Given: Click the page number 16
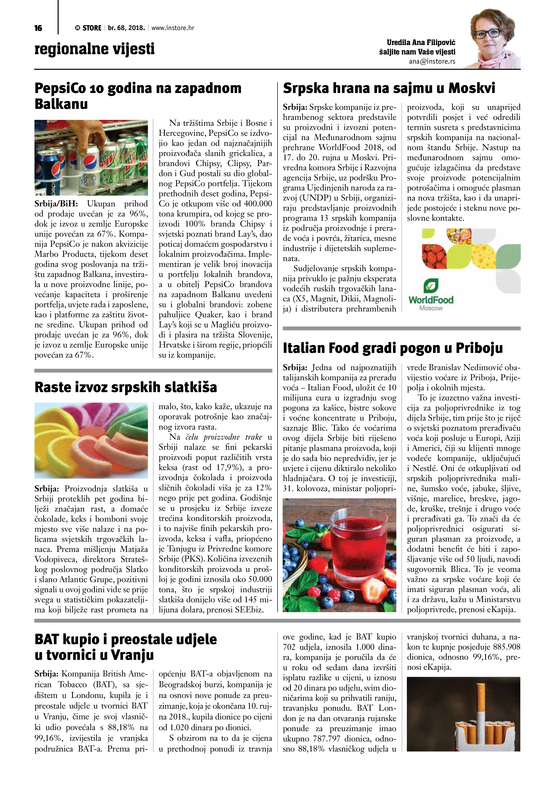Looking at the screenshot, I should pyautogui.click(x=38, y=28).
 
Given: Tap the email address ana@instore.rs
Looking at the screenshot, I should pyautogui.click(x=432, y=62).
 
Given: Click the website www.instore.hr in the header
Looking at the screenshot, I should pyautogui.click(x=173, y=28).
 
